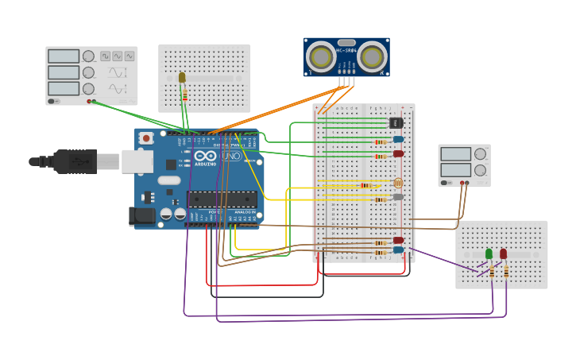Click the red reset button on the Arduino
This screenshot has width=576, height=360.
point(145,138)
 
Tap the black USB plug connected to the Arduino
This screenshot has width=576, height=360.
point(75,161)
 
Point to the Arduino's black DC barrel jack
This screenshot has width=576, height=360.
point(142,215)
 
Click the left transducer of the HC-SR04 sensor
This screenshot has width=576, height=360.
point(322,56)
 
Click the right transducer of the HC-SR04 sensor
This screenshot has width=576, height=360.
point(372,56)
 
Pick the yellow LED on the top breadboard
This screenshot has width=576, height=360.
point(182,77)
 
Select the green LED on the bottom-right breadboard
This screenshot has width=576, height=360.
point(489,254)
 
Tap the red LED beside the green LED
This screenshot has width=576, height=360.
point(503,254)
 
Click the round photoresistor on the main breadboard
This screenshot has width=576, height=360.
point(398,183)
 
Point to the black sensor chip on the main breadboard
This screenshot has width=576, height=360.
point(396,122)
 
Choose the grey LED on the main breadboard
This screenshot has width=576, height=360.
point(398,196)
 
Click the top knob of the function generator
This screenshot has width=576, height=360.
point(89,56)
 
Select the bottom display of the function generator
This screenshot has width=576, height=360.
point(64,88)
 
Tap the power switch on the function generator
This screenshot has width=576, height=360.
point(53,101)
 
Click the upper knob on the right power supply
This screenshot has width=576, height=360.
point(480,154)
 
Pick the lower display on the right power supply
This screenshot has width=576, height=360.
point(456,170)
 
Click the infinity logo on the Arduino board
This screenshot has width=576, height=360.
point(207,157)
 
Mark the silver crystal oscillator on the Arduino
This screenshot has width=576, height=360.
point(169,180)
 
